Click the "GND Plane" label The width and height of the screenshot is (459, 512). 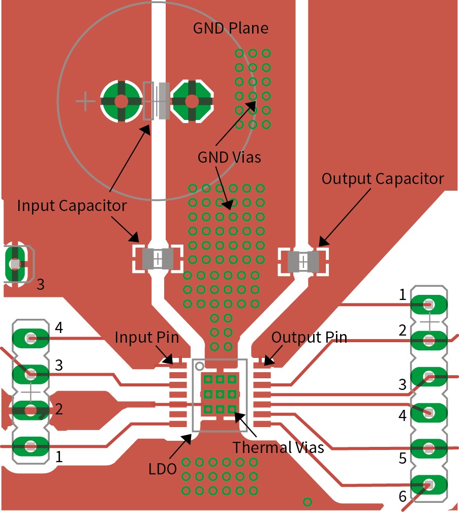coord(230,28)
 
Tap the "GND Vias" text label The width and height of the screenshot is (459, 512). coord(229,157)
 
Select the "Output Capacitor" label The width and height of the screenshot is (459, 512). coord(383,179)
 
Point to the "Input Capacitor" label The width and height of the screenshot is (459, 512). coord(72,205)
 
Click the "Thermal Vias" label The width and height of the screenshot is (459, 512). coord(278,447)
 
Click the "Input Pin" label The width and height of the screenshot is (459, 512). coord(146,337)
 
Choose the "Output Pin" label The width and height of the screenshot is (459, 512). coord(309,337)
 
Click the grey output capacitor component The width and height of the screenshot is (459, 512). coord(303,261)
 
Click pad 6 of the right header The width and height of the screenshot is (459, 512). coord(429,485)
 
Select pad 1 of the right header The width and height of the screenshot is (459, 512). coord(429,305)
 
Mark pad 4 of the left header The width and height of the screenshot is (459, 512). coord(30,337)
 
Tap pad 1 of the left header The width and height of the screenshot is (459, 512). coord(30,446)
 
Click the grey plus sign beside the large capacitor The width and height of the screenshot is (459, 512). coord(85,102)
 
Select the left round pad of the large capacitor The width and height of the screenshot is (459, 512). coord(120,101)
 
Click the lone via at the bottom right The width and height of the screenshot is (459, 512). coord(307,501)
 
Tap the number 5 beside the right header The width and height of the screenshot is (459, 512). coord(403,458)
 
